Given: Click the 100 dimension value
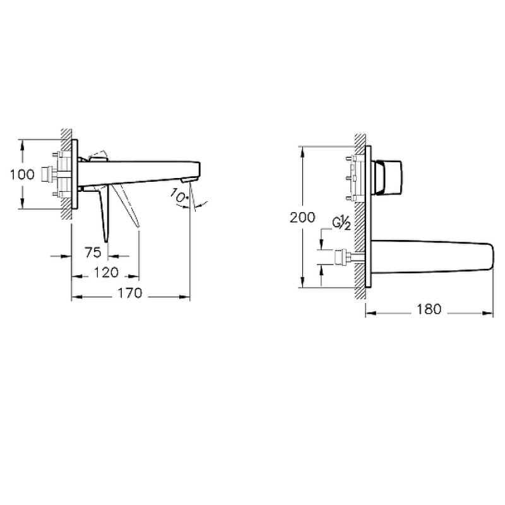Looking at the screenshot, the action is click(x=22, y=175).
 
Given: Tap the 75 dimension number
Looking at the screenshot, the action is click(x=93, y=252).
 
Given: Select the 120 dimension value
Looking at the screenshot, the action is click(x=106, y=273).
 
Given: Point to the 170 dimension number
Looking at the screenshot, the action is click(x=130, y=294).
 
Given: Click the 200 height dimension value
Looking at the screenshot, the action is click(x=302, y=218).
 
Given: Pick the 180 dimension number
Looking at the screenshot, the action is click(x=429, y=309).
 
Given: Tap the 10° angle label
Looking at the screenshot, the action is click(x=179, y=196).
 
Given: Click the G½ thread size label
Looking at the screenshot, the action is click(x=342, y=223).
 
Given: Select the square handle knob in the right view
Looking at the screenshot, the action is click(x=388, y=177).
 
